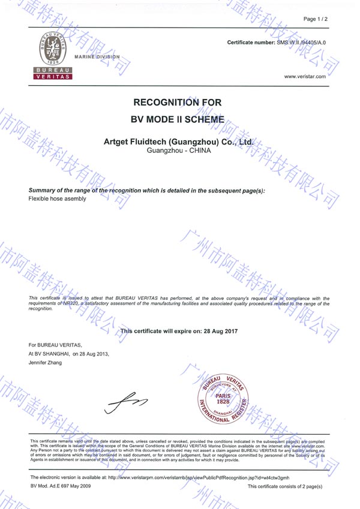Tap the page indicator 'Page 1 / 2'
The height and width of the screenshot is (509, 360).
coord(316,20)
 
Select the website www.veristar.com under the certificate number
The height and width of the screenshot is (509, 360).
coord(305,77)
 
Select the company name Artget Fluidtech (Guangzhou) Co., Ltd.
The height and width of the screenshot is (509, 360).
coord(179,141)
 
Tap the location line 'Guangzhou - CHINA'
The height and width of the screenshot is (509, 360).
coord(179,150)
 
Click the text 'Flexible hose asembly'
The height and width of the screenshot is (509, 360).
coord(58,198)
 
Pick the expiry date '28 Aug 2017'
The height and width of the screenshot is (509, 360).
coord(217,330)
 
